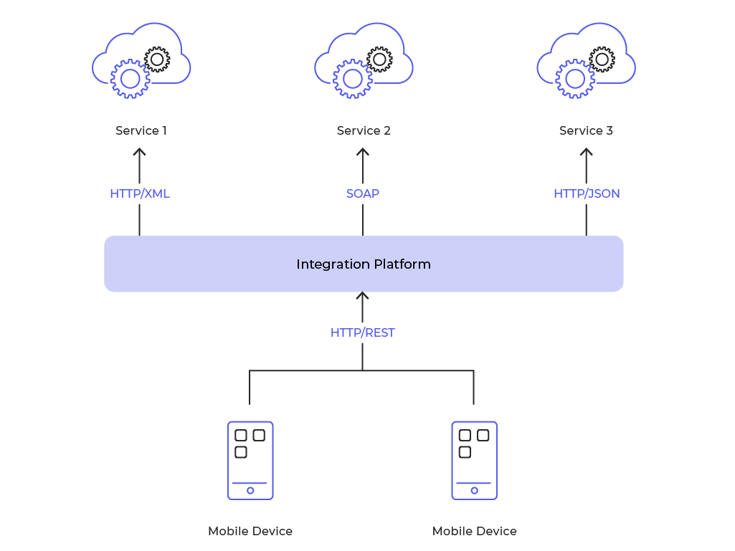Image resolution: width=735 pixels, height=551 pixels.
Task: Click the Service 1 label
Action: (x=141, y=130)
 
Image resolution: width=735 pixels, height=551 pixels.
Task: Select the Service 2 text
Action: (x=364, y=130)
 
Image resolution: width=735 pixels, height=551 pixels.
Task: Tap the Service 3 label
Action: (x=586, y=130)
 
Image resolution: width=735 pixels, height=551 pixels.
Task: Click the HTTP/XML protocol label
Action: (x=140, y=193)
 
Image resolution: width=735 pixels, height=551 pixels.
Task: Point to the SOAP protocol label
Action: (x=363, y=193)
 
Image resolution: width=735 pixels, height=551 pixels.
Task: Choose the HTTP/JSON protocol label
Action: (x=587, y=193)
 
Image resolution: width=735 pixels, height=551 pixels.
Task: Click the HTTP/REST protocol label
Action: (x=362, y=332)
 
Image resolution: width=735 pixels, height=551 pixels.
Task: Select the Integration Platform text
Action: (x=364, y=264)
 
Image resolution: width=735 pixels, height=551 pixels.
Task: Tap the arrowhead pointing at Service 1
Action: (x=140, y=151)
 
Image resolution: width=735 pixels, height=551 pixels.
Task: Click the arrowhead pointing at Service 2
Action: (x=363, y=151)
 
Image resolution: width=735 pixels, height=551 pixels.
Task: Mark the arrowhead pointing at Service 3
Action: (x=587, y=151)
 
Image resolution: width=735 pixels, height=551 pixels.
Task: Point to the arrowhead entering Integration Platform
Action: (x=363, y=295)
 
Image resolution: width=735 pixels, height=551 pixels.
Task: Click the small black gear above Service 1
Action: (x=157, y=59)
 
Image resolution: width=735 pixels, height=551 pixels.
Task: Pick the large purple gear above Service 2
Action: (x=352, y=79)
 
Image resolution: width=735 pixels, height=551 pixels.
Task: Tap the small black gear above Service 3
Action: (x=602, y=59)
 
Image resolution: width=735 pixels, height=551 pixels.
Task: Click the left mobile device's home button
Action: (x=250, y=491)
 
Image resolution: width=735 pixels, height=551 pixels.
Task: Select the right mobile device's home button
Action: (x=474, y=491)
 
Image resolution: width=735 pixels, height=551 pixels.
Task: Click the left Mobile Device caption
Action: (x=250, y=531)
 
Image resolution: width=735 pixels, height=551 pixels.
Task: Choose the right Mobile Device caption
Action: (x=474, y=531)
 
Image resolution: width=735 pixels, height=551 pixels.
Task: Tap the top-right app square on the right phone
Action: (x=483, y=435)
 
